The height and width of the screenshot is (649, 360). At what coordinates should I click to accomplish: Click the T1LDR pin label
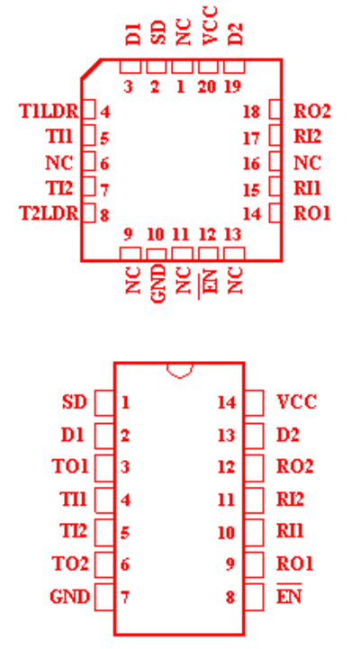point(49,112)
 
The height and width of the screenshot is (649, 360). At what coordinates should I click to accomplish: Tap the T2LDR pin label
point(49,213)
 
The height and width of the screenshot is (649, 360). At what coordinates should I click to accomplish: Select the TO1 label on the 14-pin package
point(70,466)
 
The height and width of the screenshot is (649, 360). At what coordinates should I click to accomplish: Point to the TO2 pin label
point(70,563)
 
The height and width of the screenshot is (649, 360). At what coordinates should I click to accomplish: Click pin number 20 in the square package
point(207,87)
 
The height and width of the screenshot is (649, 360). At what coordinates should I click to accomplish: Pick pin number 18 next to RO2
point(252,112)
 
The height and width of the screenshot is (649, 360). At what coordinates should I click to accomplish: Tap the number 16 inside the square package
point(252,164)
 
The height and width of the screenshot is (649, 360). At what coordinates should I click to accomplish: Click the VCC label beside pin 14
point(296,401)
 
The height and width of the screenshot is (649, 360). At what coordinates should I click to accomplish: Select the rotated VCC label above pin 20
point(211,26)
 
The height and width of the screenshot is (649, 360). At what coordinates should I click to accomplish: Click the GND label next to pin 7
point(69,597)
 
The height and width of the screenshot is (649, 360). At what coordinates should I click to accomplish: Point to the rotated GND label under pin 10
point(158,284)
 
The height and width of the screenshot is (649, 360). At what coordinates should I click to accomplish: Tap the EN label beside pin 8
point(289,596)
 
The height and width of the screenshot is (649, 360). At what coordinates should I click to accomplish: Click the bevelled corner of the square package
point(92,68)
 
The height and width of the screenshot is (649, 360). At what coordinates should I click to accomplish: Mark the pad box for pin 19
point(234,67)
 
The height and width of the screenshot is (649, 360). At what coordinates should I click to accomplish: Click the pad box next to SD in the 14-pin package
point(104,402)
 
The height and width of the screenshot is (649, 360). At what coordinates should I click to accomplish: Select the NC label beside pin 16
point(308,163)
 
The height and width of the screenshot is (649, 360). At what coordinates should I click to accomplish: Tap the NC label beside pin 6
point(59,163)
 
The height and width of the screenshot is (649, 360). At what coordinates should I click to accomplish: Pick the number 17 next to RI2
point(252,139)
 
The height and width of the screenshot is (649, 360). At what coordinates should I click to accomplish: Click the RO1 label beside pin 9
point(295,563)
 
